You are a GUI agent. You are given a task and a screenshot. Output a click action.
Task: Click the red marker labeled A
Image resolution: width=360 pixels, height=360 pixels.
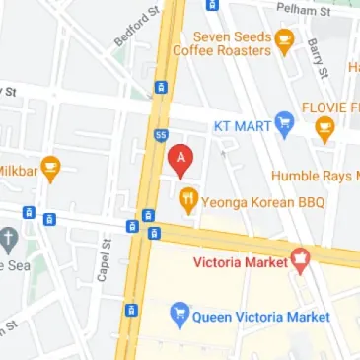(180, 160)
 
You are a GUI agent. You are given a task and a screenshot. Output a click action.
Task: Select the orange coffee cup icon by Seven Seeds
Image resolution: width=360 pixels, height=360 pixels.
(285, 40)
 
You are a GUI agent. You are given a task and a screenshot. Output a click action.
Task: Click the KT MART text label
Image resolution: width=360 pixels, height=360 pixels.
(243, 126)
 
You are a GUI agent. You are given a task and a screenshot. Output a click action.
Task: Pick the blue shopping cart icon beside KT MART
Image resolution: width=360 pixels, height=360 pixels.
(285, 123)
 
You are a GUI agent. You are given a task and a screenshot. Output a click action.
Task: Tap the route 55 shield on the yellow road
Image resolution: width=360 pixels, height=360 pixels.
(160, 133)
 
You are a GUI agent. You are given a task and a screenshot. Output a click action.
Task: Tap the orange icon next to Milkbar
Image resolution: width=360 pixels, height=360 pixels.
(49, 166)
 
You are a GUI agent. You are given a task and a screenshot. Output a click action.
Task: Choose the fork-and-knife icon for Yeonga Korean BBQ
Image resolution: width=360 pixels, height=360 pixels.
(188, 201)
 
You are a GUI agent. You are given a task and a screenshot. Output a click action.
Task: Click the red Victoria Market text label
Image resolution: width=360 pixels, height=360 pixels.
(240, 264)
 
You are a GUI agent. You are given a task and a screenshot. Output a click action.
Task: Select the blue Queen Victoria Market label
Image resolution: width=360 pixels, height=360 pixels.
(260, 317)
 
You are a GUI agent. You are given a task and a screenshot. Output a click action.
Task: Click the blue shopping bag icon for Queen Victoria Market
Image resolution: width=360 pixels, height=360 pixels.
(180, 316)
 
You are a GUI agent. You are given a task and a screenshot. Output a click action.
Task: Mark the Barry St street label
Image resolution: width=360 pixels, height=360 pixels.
(318, 58)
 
